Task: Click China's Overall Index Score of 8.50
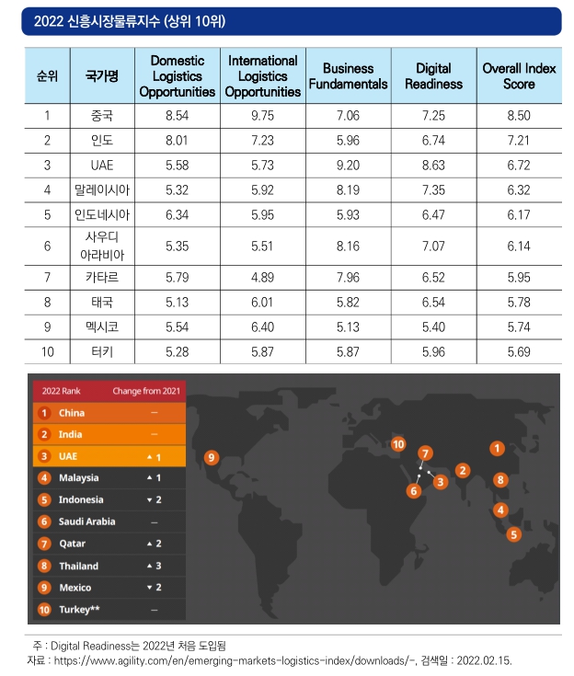click(x=519, y=116)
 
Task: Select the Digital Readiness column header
click(x=433, y=75)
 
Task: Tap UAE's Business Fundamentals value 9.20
click(x=348, y=166)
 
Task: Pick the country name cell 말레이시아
click(x=102, y=190)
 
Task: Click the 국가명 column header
click(x=102, y=75)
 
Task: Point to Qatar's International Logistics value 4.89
click(x=263, y=277)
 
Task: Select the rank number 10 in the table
click(x=48, y=351)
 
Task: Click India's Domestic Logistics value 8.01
click(x=177, y=141)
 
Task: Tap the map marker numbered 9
click(x=212, y=457)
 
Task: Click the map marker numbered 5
click(x=513, y=534)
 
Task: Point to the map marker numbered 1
click(x=497, y=449)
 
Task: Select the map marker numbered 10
click(x=398, y=444)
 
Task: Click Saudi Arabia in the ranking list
click(x=87, y=521)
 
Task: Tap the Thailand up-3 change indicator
click(x=154, y=566)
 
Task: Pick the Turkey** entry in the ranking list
click(x=79, y=609)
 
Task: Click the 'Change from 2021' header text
click(x=146, y=391)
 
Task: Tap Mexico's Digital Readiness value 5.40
click(x=433, y=327)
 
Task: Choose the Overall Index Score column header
click(x=519, y=75)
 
